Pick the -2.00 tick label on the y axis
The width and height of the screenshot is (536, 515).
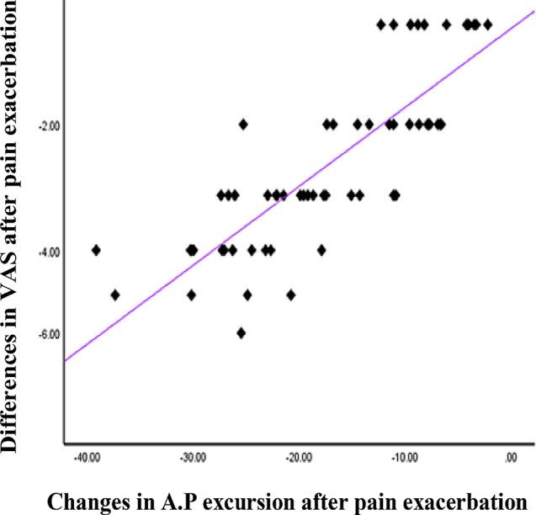[48, 126]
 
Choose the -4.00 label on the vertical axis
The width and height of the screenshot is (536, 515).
[48, 252]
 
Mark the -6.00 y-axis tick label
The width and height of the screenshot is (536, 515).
[48, 334]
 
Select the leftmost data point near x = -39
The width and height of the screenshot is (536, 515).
[96, 250]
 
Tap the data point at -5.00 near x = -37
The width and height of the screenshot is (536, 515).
[115, 295]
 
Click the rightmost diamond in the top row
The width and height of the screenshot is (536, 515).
[487, 24]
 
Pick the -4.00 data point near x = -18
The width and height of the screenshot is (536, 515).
[321, 250]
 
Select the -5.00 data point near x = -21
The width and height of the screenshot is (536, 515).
[291, 295]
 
